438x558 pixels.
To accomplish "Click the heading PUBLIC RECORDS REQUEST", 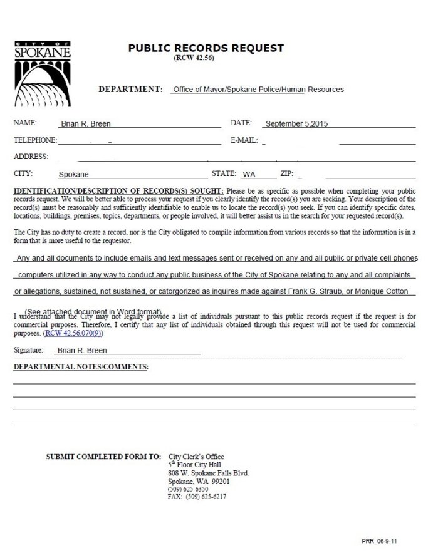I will [206, 48].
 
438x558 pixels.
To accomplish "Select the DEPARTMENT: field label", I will [130, 90].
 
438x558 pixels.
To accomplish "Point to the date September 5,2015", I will [296, 124].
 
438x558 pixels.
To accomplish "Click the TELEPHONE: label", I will [35, 140].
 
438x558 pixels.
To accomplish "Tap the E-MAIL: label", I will [244, 140].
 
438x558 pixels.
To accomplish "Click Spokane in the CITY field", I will [73, 175].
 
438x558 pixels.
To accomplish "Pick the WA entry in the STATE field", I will [249, 175].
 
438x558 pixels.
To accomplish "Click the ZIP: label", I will [287, 173].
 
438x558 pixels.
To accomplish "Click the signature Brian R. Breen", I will [80, 351].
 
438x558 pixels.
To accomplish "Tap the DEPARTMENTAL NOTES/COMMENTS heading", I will [81, 366].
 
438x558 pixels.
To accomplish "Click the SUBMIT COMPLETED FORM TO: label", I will [103, 457].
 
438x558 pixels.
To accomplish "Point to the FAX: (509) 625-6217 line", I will [197, 497].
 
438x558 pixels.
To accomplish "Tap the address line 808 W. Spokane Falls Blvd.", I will [208, 473].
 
